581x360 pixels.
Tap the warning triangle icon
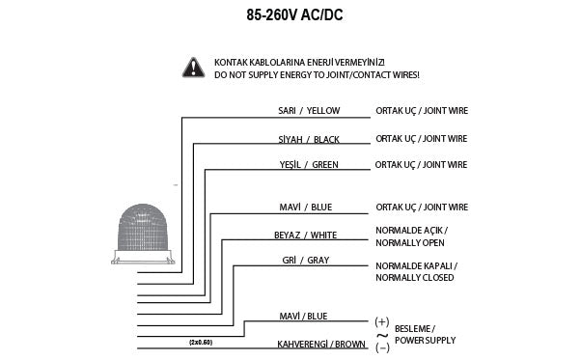[x=196, y=67]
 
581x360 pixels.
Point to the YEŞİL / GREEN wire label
[x=309, y=165]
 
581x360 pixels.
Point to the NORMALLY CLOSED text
[x=415, y=277]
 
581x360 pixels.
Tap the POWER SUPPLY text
[x=425, y=340]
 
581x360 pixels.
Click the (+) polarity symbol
[x=381, y=319]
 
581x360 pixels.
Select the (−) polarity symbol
[x=381, y=346]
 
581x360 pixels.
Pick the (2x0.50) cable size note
[x=201, y=342]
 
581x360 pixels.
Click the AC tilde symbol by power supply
[x=381, y=333]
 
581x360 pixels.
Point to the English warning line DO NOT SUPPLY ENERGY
[x=317, y=73]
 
